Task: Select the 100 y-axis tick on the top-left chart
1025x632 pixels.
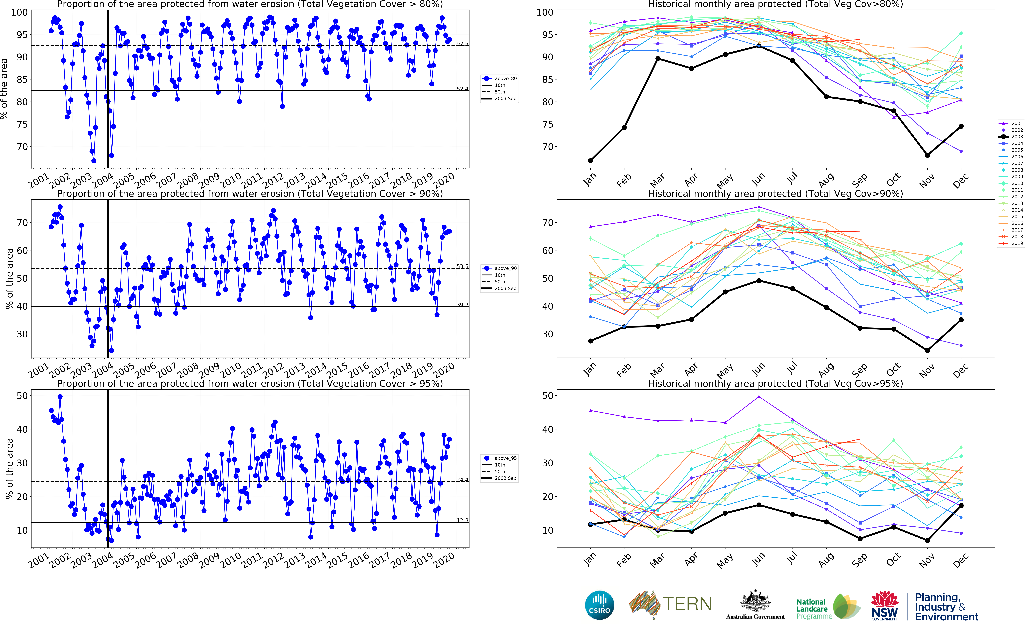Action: (x=19, y=13)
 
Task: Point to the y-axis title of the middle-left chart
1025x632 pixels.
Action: (x=9, y=278)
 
